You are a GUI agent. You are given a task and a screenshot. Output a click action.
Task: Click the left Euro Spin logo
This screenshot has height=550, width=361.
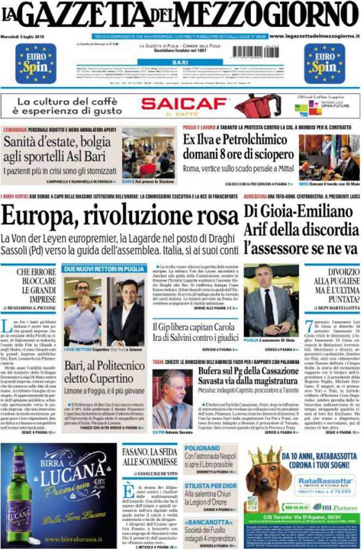[x=36, y=63]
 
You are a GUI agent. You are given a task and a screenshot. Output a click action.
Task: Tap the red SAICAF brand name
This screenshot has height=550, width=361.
[x=184, y=103]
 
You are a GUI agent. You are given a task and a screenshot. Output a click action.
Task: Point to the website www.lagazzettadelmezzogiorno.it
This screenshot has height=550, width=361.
[x=315, y=36]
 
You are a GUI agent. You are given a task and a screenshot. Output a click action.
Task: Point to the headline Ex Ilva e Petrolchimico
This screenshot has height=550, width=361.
[x=234, y=140]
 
